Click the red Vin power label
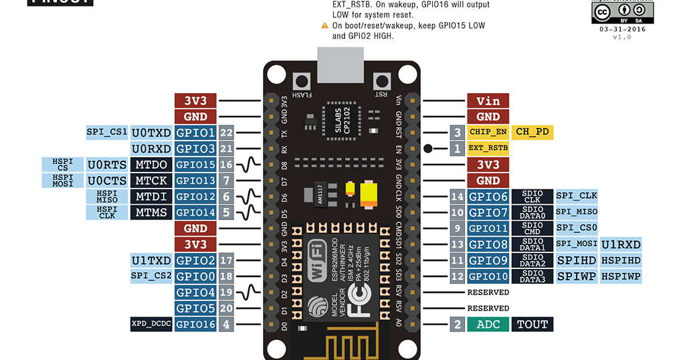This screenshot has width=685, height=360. (488, 101)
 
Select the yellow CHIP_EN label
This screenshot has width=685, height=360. (488, 132)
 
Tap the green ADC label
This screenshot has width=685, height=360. (488, 325)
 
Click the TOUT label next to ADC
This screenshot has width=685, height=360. (532, 325)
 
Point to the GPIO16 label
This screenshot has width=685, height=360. (195, 325)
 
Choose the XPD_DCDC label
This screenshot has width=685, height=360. (151, 325)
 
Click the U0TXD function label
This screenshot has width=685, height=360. (151, 132)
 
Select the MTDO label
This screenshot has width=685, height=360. (151, 165)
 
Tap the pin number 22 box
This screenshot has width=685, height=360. (226, 132)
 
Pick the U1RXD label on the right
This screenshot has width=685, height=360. (621, 244)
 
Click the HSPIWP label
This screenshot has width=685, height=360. (621, 276)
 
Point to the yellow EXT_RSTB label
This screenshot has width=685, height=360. (488, 148)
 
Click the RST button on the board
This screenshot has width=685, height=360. (383, 81)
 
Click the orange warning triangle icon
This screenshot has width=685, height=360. (325, 25)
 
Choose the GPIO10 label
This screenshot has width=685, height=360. (488, 276)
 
